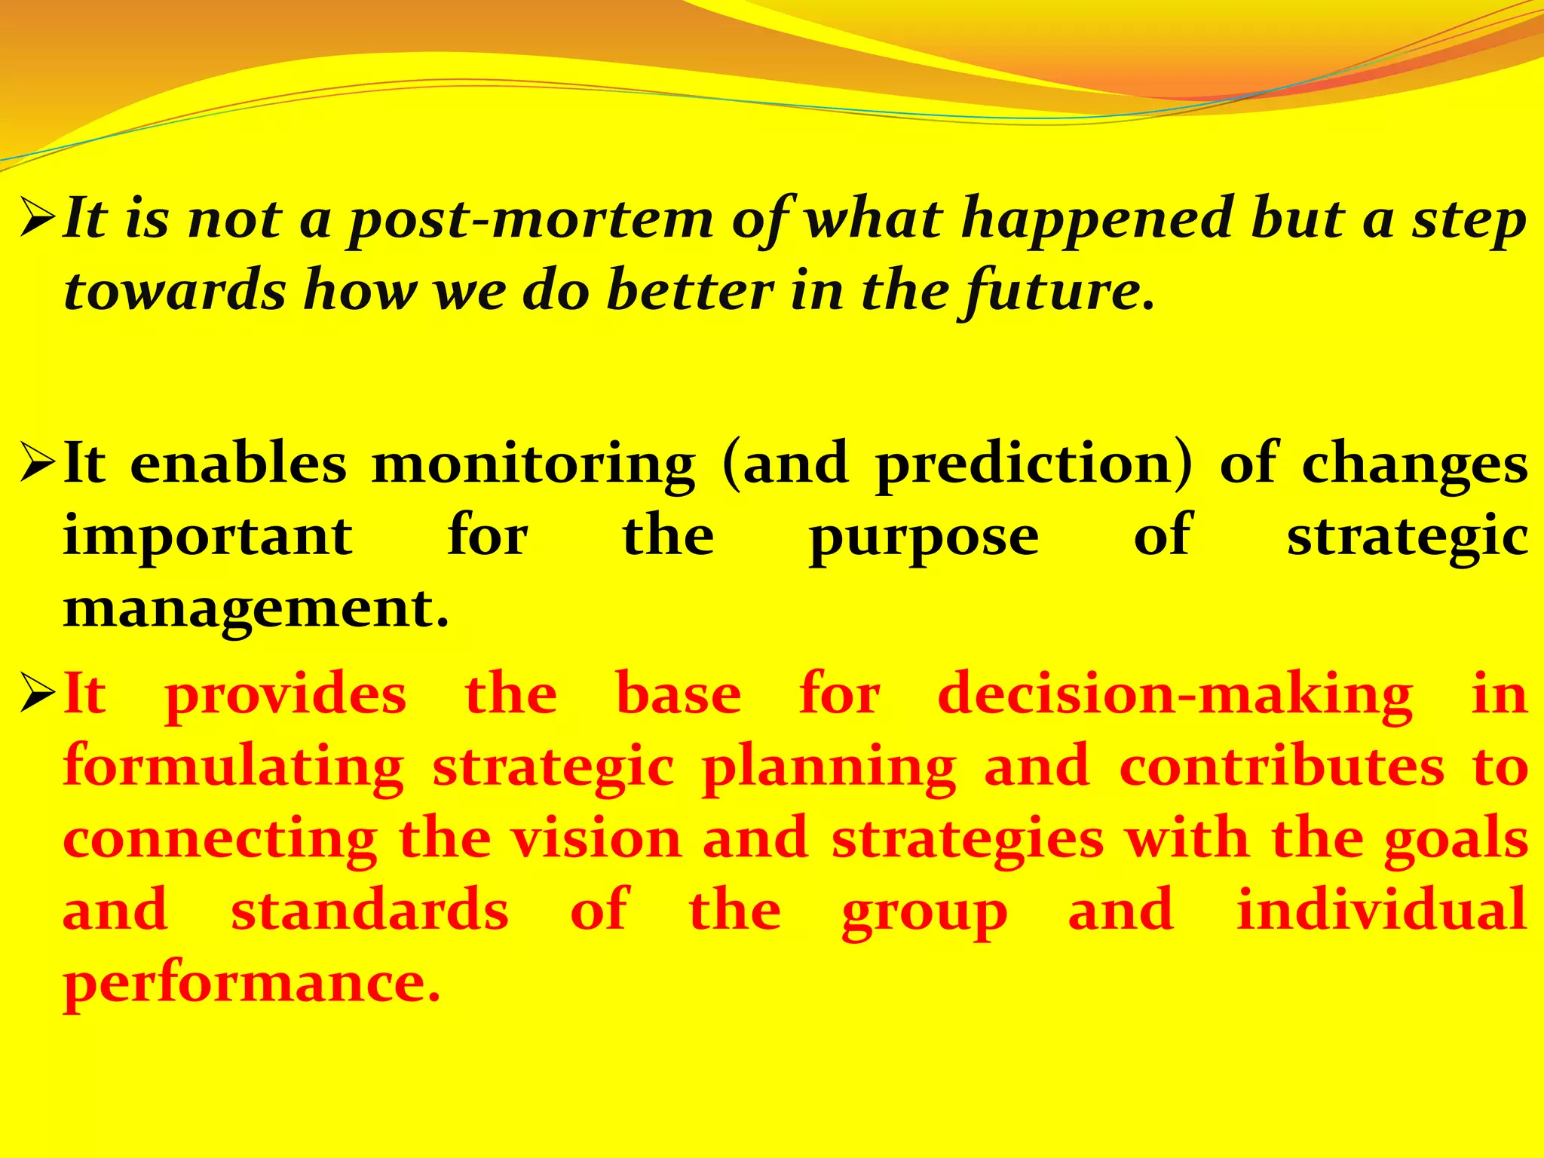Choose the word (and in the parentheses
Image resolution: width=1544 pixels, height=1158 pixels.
click(785, 464)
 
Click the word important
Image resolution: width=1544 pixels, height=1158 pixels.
click(207, 537)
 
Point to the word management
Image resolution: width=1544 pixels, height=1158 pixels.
click(256, 609)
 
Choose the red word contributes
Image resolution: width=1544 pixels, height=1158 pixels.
click(1282, 767)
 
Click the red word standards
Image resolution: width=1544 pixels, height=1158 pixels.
click(369, 910)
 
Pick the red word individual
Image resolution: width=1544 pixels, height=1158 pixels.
click(1382, 909)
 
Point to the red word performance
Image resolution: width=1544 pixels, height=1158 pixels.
click(251, 983)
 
